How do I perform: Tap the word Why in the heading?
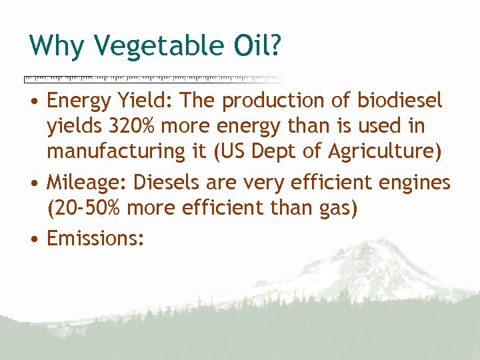click(x=57, y=45)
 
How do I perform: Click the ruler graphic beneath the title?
click(x=153, y=79)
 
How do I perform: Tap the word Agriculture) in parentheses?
click(x=385, y=151)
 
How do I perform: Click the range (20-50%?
click(x=83, y=208)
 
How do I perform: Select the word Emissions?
click(x=95, y=237)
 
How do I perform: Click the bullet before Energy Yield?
click(x=33, y=102)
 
